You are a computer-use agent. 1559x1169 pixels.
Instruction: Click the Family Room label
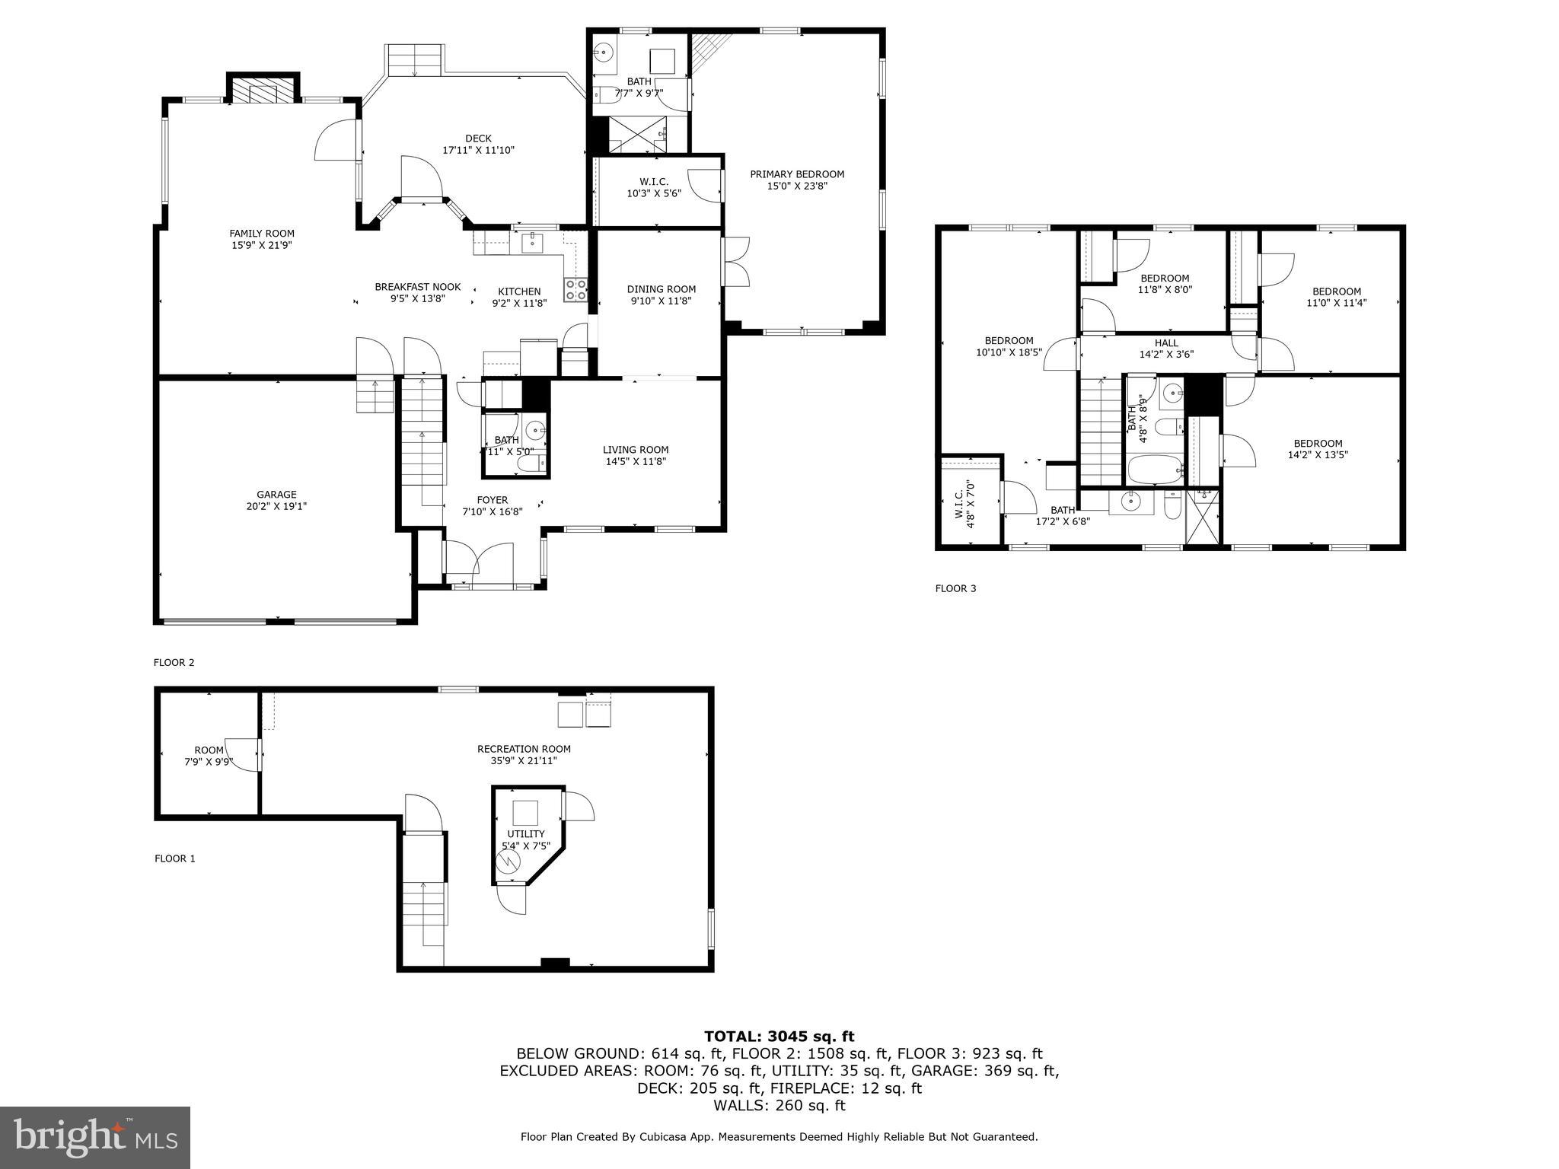click(262, 234)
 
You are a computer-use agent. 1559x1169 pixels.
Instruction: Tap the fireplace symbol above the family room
click(263, 92)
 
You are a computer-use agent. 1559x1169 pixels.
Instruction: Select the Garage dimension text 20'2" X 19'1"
click(276, 506)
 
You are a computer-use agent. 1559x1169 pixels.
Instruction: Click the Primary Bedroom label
click(797, 174)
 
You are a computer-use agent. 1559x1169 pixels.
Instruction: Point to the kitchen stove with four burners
click(575, 289)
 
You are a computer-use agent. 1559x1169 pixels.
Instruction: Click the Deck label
click(478, 139)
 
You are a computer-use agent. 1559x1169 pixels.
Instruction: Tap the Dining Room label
click(661, 289)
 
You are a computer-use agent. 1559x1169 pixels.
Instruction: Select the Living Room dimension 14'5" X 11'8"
click(636, 461)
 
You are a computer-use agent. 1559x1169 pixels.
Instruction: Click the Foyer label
click(492, 500)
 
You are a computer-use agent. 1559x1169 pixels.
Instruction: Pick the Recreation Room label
click(524, 749)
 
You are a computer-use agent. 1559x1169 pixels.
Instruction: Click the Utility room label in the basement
click(526, 834)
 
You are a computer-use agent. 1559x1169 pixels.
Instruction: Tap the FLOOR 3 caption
click(955, 588)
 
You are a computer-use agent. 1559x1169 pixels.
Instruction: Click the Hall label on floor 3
click(1165, 343)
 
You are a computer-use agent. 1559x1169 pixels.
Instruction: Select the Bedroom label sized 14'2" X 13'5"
click(1318, 444)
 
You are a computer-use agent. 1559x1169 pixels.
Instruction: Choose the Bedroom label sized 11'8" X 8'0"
click(1165, 279)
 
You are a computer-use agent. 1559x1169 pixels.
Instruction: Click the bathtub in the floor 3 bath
click(1154, 470)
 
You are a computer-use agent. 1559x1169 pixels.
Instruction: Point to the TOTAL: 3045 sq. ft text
click(779, 1037)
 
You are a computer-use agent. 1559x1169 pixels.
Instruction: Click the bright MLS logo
click(95, 1137)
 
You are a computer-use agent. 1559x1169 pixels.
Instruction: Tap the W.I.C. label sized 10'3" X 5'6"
click(653, 182)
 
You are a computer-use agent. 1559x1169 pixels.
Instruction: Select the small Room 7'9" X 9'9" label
click(209, 750)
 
